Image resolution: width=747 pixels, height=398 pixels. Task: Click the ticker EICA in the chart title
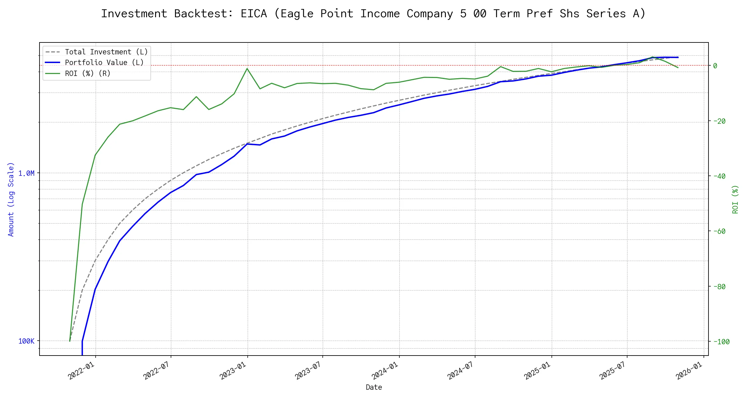click(x=254, y=14)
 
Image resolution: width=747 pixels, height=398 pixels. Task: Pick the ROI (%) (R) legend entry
click(x=88, y=73)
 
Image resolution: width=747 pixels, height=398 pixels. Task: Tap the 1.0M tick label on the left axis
click(x=26, y=173)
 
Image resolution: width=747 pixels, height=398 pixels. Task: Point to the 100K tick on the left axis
click(x=26, y=341)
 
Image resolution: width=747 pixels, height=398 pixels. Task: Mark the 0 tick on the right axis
click(x=715, y=66)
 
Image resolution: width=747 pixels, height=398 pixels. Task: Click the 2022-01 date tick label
click(x=82, y=370)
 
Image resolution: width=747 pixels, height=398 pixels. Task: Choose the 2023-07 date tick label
click(x=309, y=370)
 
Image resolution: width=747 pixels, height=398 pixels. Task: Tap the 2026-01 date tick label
click(x=690, y=370)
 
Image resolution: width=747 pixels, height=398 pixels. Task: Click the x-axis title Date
click(x=374, y=387)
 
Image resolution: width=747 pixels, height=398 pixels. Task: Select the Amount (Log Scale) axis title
click(x=11, y=199)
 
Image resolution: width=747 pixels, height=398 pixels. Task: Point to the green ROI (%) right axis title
click(x=735, y=199)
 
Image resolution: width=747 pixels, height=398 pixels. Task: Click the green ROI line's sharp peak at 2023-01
click(x=247, y=69)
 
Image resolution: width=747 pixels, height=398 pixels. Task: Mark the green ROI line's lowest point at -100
click(x=70, y=341)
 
